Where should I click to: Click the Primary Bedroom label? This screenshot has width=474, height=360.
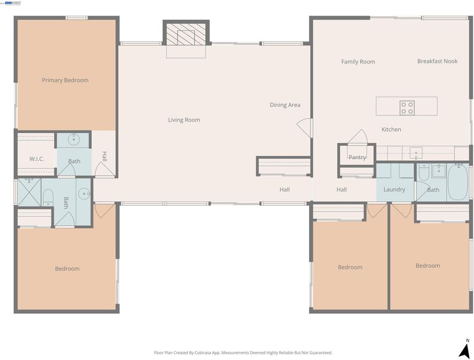(65, 80)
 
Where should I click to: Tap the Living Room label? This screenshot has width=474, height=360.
(184, 119)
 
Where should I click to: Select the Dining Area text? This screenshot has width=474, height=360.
(285, 105)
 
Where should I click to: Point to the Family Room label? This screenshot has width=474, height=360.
(358, 62)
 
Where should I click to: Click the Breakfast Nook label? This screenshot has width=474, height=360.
(437, 61)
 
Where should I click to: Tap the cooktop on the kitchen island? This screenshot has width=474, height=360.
(407, 108)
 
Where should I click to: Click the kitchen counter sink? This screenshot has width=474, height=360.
(416, 152)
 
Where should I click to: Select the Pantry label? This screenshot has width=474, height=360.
(357, 157)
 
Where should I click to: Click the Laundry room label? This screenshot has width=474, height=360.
(394, 190)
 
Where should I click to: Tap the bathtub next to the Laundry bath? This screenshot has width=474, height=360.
(458, 182)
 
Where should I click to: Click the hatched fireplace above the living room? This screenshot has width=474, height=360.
(186, 33)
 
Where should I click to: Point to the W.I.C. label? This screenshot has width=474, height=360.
(37, 158)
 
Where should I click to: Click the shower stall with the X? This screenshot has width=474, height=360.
(29, 191)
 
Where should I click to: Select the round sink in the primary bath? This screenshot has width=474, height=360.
(74, 139)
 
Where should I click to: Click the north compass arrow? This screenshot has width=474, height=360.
(464, 351)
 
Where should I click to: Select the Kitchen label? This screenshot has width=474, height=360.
(391, 130)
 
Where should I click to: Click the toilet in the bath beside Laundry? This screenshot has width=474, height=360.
(423, 173)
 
